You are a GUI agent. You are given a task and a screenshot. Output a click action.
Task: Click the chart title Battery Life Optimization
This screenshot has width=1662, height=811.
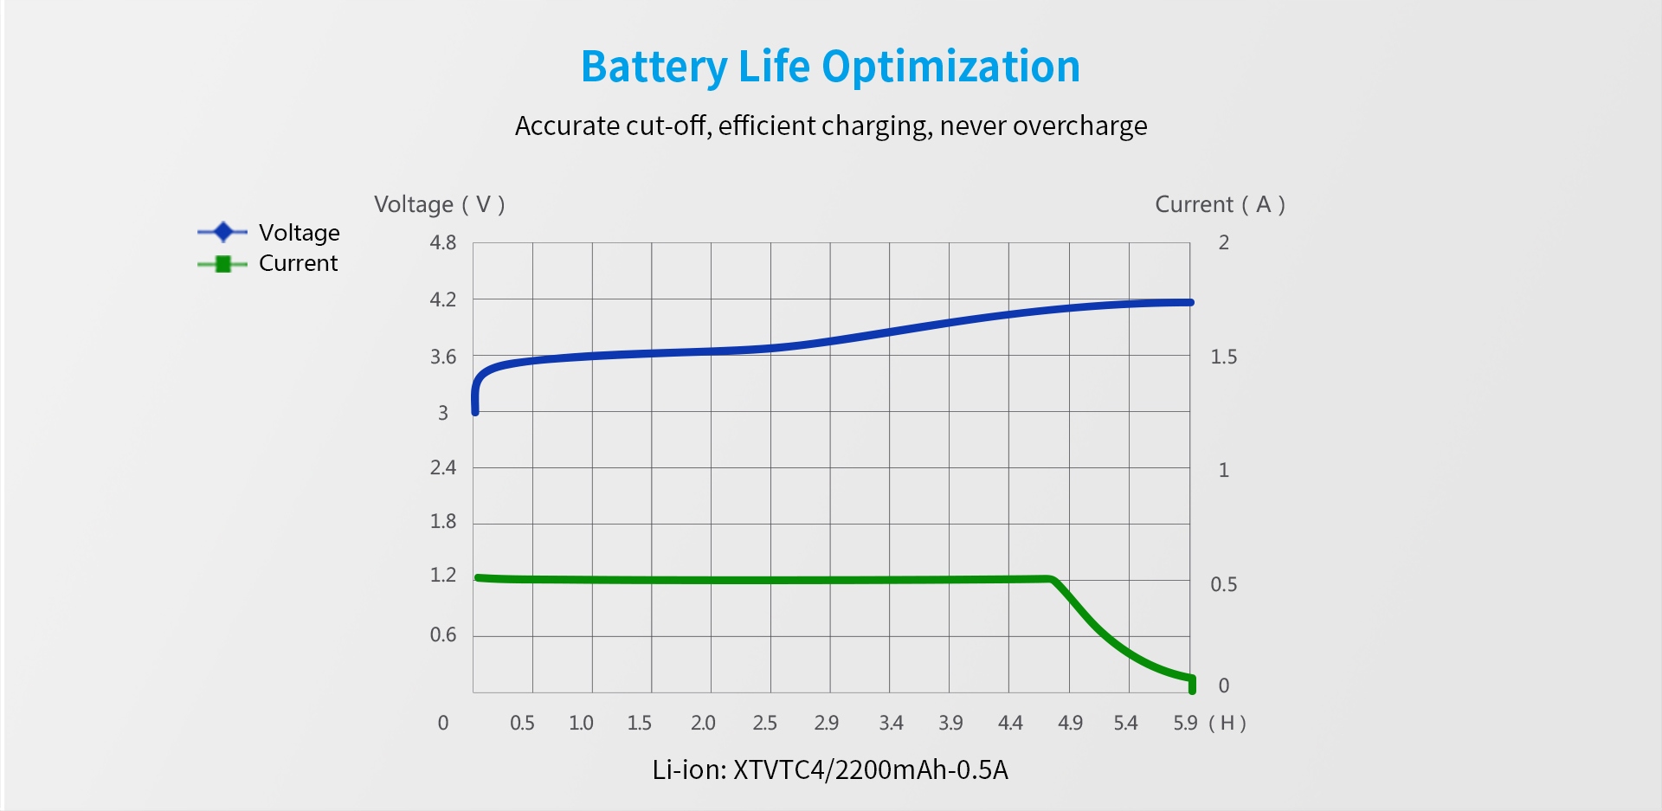pos(830,67)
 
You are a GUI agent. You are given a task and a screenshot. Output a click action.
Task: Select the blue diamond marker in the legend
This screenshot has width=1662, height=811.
pos(223,232)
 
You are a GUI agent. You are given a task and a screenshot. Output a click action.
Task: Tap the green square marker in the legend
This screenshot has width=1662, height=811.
pos(223,264)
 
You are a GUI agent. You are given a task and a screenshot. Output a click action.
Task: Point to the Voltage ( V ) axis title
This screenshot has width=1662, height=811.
pos(439,204)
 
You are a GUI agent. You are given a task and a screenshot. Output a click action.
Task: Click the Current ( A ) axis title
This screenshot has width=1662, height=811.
pos(1220,204)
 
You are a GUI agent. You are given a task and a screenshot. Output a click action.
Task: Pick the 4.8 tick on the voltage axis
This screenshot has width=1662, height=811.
pos(443,243)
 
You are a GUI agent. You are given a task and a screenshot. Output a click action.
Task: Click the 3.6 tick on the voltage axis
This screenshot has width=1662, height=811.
pos(443,357)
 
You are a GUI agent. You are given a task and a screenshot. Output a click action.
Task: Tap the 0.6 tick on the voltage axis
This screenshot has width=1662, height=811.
pos(443,635)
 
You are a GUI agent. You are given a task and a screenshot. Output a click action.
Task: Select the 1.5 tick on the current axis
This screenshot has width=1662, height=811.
pos(1223,357)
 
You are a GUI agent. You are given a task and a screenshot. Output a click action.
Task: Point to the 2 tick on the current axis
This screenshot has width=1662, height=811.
pos(1223,243)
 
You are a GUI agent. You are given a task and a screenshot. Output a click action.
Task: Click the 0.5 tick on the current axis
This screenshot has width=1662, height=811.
pos(1223,584)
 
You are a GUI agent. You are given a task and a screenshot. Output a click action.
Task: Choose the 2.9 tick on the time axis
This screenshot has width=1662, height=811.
pos(827,723)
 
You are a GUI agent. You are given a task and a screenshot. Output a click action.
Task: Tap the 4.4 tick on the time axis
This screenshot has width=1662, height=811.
pos(1010,723)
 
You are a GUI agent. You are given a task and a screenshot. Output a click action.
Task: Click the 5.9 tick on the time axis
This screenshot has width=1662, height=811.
pos(1185,723)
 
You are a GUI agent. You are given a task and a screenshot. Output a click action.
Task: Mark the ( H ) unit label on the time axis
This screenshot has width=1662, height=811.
pos(1227,723)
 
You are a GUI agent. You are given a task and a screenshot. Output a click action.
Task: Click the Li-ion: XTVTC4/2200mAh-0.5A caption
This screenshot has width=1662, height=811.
pos(830,769)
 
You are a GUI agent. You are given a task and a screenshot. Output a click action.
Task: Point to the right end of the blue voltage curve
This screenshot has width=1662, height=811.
pos(1190,302)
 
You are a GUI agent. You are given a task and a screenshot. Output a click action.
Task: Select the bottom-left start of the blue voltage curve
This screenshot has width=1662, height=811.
pos(475,411)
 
